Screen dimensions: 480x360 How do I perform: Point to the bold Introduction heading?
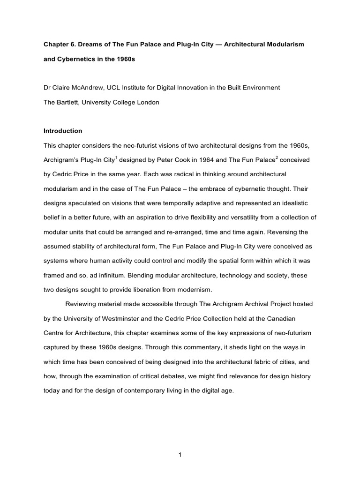63,131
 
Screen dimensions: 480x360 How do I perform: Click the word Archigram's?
62,160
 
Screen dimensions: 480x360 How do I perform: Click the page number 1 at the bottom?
180,454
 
